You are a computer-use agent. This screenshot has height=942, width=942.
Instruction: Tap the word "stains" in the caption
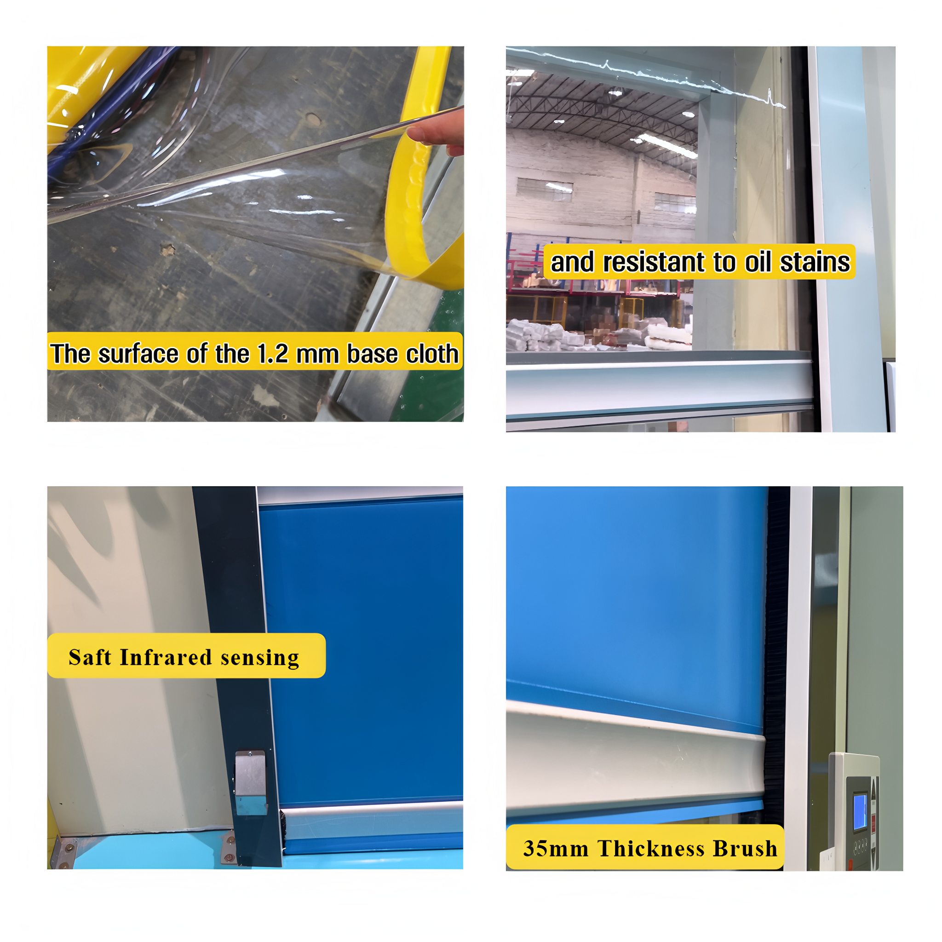point(815,262)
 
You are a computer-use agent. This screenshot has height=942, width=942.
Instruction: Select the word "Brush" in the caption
point(746,849)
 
